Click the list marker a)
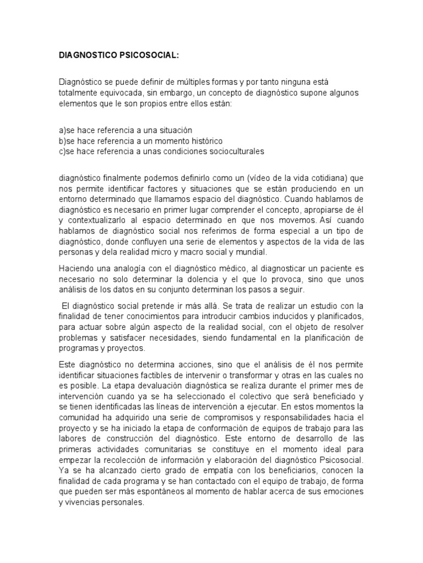point(62,130)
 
